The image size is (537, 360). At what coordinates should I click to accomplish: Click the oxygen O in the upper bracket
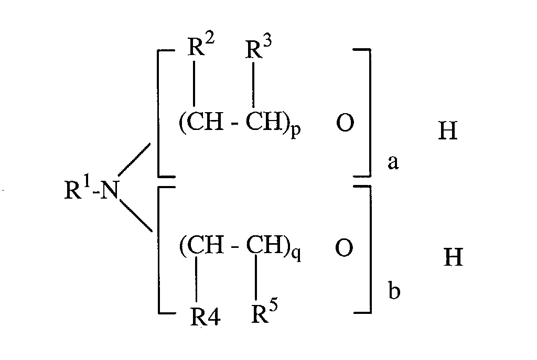coord(344,124)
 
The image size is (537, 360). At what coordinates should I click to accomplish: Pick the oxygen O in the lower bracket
coord(344,249)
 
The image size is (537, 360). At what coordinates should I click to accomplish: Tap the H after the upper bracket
coord(447,132)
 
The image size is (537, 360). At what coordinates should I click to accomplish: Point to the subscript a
coord(393,163)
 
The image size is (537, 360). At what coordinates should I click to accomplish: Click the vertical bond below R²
coord(195,84)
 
